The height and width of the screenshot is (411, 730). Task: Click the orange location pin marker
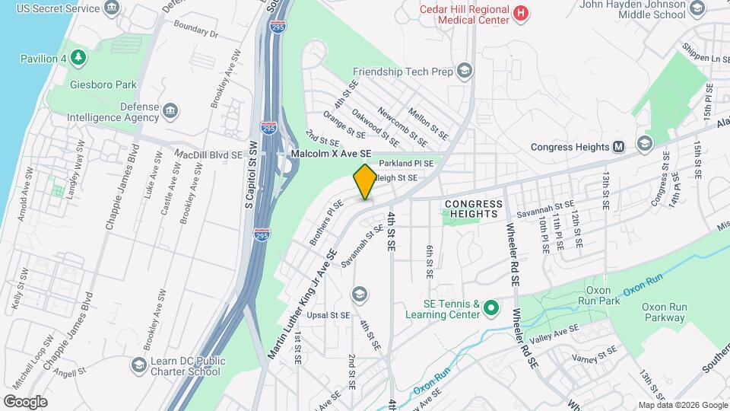click(365, 183)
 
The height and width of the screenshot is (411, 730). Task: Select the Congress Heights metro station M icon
click(619, 147)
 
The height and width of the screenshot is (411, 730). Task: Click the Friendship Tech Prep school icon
click(464, 72)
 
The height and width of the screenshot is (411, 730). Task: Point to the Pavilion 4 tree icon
click(78, 58)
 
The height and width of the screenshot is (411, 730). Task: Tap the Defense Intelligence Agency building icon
click(171, 112)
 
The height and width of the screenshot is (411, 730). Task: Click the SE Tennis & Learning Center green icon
click(491, 308)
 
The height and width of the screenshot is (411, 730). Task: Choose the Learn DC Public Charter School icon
click(139, 366)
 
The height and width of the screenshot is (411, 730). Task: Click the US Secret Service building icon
click(113, 8)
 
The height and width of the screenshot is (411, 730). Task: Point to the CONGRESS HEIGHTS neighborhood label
click(474, 209)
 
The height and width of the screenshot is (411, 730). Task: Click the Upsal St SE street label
click(328, 314)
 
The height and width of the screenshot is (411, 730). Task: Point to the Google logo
click(25, 401)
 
